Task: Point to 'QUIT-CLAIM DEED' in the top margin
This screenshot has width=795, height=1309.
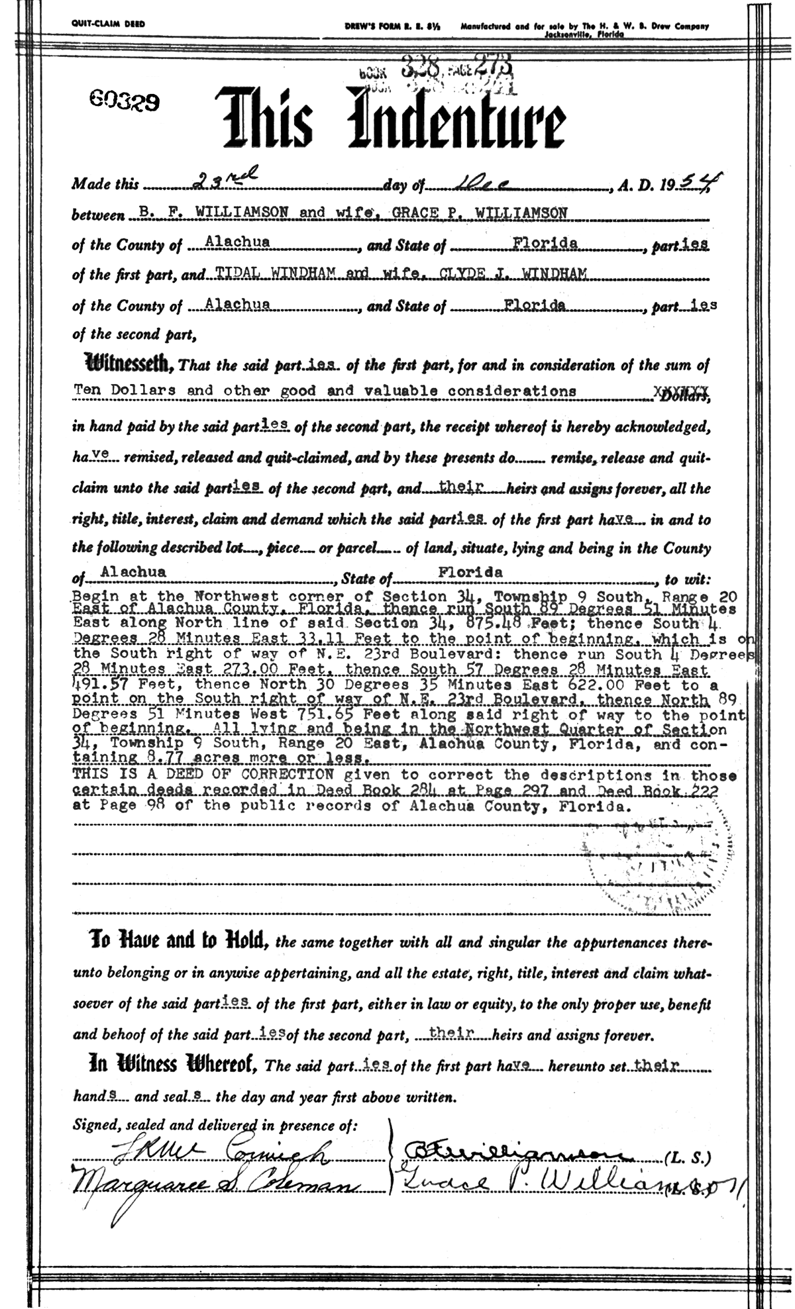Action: tap(108, 24)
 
